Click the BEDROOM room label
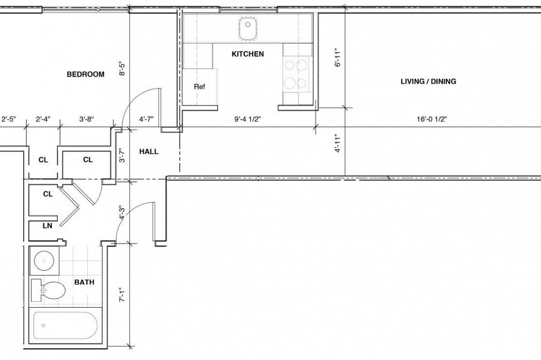85,74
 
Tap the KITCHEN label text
247,54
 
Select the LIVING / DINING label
428,81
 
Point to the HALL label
149,151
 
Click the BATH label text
84,283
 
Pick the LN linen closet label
47,226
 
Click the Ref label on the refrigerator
199,87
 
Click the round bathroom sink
43,260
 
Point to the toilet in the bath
51,291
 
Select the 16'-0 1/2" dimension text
432,119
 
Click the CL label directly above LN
47,194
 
